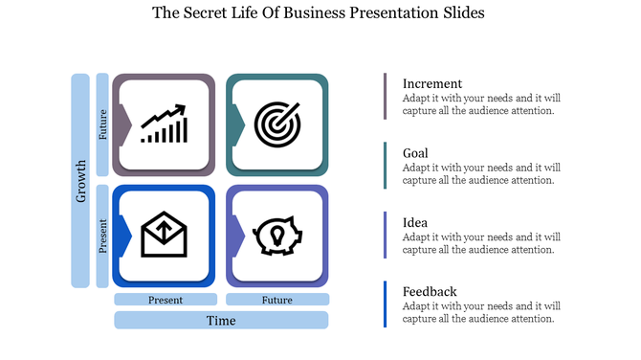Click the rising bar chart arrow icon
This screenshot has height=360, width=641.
pyautogui.click(x=164, y=124)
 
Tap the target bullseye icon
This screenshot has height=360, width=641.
pyautogui.click(x=277, y=124)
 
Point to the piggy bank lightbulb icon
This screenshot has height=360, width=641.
pyautogui.click(x=277, y=235)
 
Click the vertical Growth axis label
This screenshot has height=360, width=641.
pyautogui.click(x=80, y=180)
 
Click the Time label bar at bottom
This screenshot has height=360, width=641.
pyautogui.click(x=221, y=320)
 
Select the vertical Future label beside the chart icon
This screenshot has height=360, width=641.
pyautogui.click(x=102, y=124)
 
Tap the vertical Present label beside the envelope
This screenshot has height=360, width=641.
pyautogui.click(x=102, y=236)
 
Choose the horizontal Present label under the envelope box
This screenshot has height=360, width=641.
pyautogui.click(x=165, y=300)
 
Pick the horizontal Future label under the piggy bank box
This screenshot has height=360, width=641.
pyautogui.click(x=277, y=300)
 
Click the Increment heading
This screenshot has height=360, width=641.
pyautogui.click(x=431, y=83)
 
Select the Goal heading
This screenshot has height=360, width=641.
pyautogui.click(x=415, y=153)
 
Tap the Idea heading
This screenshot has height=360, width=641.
pyautogui.click(x=415, y=222)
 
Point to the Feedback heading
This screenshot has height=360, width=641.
pyautogui.click(x=430, y=291)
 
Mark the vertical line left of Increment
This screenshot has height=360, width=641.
pyautogui.click(x=386, y=96)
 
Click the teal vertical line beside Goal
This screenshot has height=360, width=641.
pyautogui.click(x=386, y=166)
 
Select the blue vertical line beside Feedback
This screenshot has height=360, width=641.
pyautogui.click(x=386, y=304)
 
